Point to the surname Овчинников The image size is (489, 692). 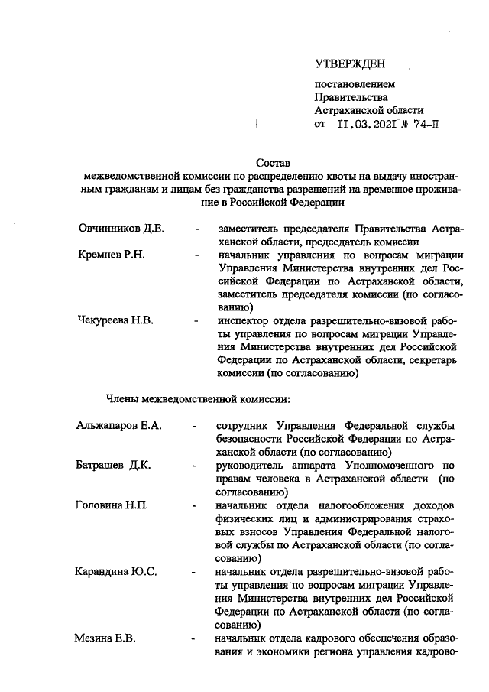[x=111, y=229]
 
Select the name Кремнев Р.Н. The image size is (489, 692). [x=112, y=253]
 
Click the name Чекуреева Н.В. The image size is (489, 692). [x=116, y=320]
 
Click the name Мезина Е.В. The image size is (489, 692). [x=105, y=638]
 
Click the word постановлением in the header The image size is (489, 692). [x=355, y=83]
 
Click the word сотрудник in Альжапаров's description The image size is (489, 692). [x=243, y=425]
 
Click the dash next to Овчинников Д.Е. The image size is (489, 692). [x=199, y=229]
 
